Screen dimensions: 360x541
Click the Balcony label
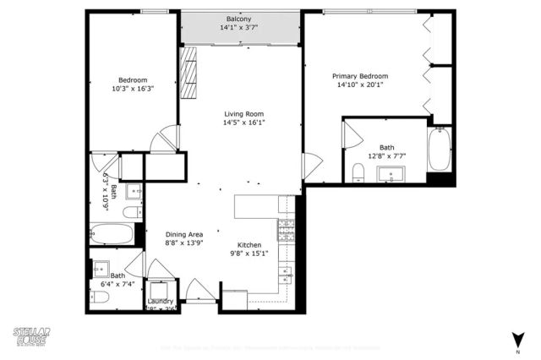click(x=238, y=19)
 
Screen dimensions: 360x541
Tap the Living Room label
click(x=243, y=114)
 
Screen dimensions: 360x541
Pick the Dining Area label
click(x=183, y=234)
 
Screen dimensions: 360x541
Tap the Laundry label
click(x=160, y=301)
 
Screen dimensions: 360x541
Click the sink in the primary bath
click(x=393, y=175)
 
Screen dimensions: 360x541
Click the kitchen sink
click(x=287, y=274)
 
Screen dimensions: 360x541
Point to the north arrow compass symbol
click(x=516, y=340)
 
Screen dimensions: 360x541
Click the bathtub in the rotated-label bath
click(x=112, y=234)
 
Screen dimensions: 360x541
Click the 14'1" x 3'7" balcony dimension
click(x=238, y=28)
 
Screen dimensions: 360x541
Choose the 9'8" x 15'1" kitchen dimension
click(x=249, y=253)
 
